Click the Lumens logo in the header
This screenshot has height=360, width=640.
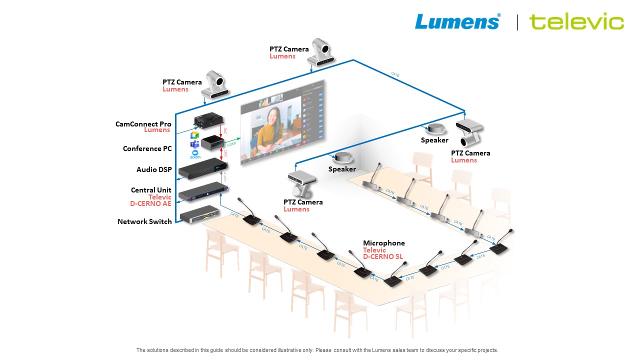(457, 21)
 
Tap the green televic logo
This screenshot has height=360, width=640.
(576, 22)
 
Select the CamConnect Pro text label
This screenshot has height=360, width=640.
(143, 124)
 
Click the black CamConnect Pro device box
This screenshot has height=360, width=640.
(208, 121)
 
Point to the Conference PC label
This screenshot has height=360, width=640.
(147, 148)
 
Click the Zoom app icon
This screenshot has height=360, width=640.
(195, 154)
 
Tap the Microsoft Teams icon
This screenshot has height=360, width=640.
(195, 144)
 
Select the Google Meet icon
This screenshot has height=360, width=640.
(195, 135)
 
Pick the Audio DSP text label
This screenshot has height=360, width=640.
(154, 169)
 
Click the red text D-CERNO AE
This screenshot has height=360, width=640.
(150, 203)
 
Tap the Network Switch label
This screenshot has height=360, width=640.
(144, 221)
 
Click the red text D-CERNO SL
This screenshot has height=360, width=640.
(382, 257)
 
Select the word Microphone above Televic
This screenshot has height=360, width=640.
(383, 243)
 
